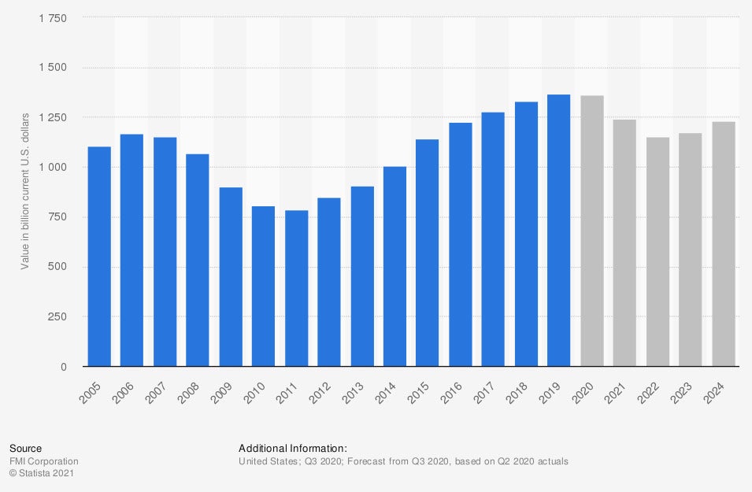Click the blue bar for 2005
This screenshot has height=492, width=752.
click(99, 257)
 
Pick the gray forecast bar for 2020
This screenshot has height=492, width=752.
click(592, 231)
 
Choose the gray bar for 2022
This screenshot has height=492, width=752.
click(658, 252)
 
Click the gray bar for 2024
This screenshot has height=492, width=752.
click(724, 244)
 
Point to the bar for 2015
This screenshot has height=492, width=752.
click(428, 253)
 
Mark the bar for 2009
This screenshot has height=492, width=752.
click(231, 277)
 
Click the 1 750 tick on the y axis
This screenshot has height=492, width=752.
click(52, 18)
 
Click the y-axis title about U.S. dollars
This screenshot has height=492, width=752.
click(24, 191)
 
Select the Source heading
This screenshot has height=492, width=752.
click(25, 449)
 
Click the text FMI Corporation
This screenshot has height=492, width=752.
click(43, 461)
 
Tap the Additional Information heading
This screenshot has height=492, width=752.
click(292, 449)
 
